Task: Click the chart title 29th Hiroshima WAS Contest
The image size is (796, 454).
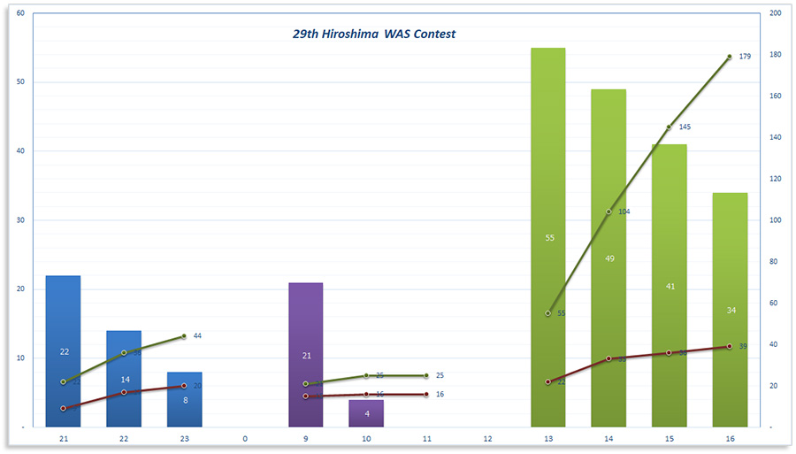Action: pos(374,35)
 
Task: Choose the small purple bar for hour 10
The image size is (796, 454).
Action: pos(366,413)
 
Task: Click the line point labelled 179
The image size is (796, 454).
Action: pos(730,57)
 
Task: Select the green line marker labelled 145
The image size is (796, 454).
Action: pos(670,127)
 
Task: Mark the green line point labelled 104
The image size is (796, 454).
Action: pos(608,212)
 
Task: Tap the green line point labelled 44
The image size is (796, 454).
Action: pos(184,336)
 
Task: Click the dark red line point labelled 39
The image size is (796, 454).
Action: pos(730,346)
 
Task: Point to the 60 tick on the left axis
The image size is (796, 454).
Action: pos(20,13)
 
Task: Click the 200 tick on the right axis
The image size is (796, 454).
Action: pos(775,13)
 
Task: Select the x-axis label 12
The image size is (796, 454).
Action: pos(487,438)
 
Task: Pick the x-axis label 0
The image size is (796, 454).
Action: pos(245,438)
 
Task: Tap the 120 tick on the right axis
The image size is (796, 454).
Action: pos(775,179)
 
